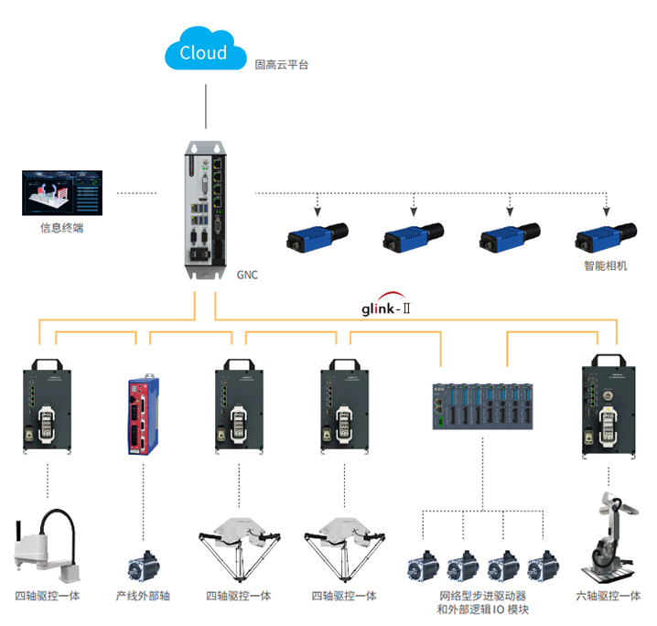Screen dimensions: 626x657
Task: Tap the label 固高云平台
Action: tap(281, 65)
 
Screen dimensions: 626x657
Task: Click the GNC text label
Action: tap(247, 275)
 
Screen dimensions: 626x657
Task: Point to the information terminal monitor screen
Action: tap(61, 191)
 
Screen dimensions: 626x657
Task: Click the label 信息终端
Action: tap(61, 228)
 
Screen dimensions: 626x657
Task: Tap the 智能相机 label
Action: tap(605, 266)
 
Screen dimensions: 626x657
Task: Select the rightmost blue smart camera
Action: tap(605, 237)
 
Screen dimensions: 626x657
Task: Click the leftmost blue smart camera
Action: tap(314, 237)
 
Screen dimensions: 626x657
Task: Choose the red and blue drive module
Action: tap(143, 413)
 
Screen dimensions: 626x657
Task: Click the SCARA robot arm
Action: tap(45, 548)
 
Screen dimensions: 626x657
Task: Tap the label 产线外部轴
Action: tap(143, 596)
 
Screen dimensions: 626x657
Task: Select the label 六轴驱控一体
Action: tap(608, 596)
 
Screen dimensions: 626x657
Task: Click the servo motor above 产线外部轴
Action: tap(143, 566)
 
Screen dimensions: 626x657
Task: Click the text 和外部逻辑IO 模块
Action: tap(482, 610)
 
